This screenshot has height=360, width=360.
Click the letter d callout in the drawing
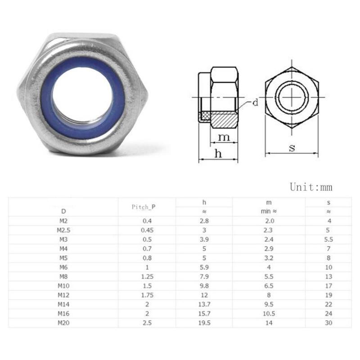255,103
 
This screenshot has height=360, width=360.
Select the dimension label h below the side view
218,153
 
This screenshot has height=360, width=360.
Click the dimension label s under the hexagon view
292,148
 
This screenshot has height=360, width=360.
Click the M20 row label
63,323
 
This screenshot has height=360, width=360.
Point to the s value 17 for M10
328,286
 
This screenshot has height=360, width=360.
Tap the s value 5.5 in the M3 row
328,239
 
